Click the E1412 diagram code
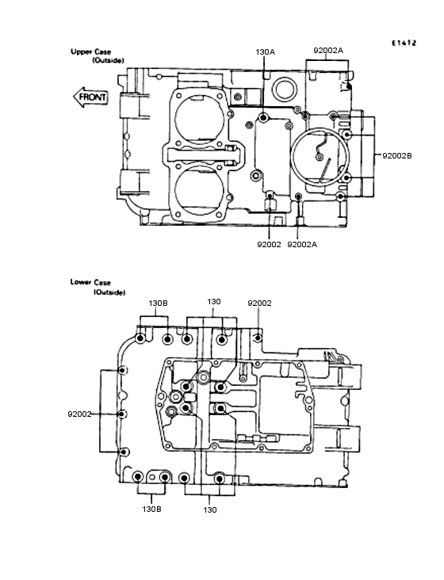(x=404, y=43)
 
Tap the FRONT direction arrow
(x=90, y=97)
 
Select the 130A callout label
(x=266, y=52)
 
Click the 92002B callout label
(x=397, y=156)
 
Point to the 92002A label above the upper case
(x=328, y=50)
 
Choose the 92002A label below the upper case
(x=302, y=245)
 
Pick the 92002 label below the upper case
(x=269, y=245)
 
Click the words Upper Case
(x=90, y=52)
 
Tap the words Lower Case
(x=90, y=282)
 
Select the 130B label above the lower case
(x=158, y=303)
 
